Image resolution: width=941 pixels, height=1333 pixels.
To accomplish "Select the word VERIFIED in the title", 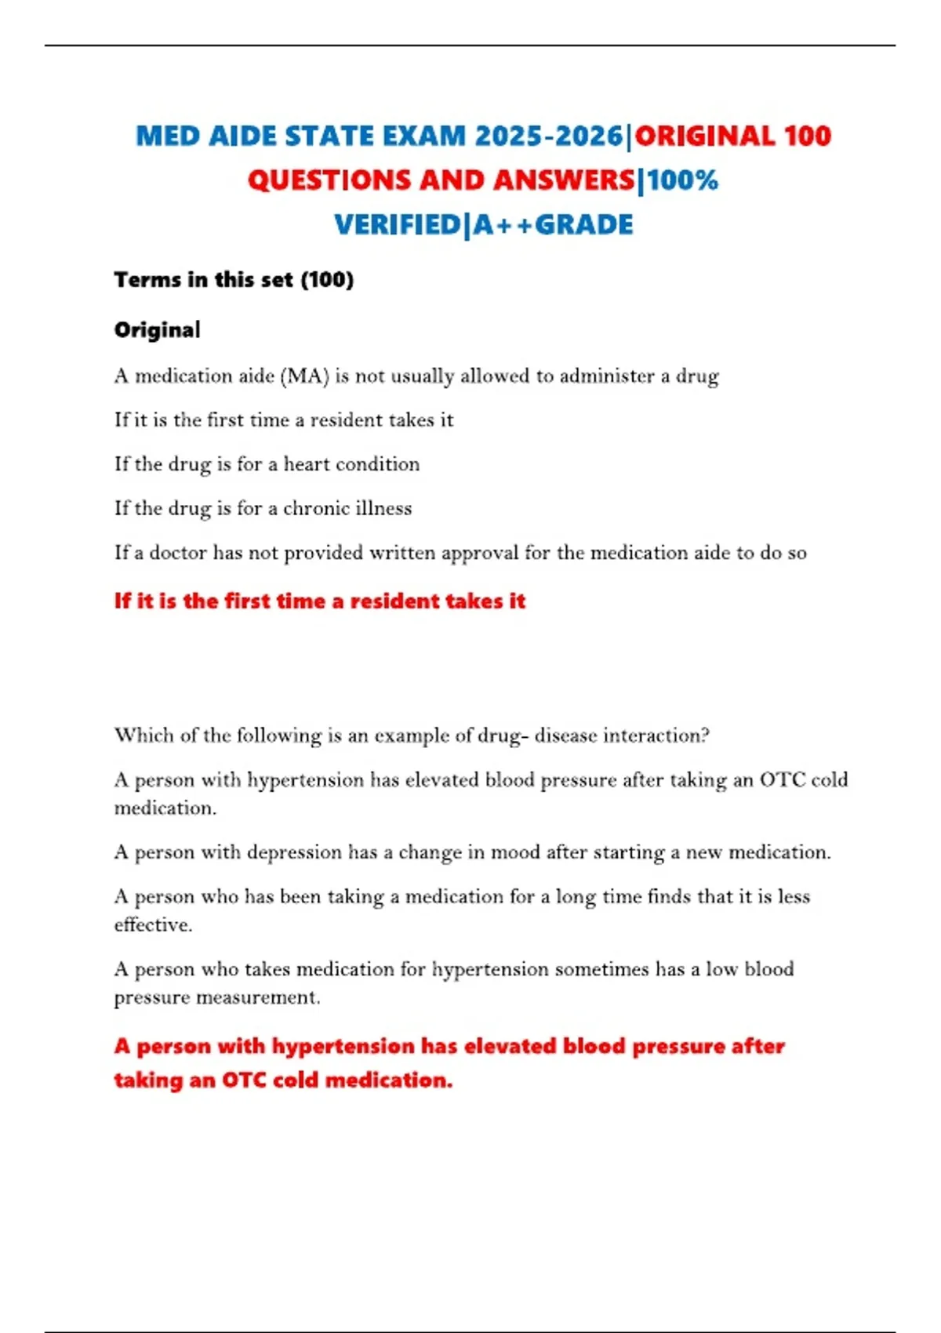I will pyautogui.click(x=398, y=225).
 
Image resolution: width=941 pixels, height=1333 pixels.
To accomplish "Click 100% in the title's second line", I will pyautogui.click(x=682, y=180).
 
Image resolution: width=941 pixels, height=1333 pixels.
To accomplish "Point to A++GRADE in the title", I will pyautogui.click(x=554, y=225).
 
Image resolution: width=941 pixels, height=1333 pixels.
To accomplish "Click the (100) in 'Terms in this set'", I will pyautogui.click(x=327, y=280).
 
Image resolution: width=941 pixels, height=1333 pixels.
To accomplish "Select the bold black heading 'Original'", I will pyautogui.click(x=158, y=330).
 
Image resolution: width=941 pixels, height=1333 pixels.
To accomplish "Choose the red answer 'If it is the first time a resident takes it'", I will pyautogui.click(x=320, y=601).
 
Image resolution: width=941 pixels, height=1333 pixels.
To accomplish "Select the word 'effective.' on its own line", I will pyautogui.click(x=154, y=925).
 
